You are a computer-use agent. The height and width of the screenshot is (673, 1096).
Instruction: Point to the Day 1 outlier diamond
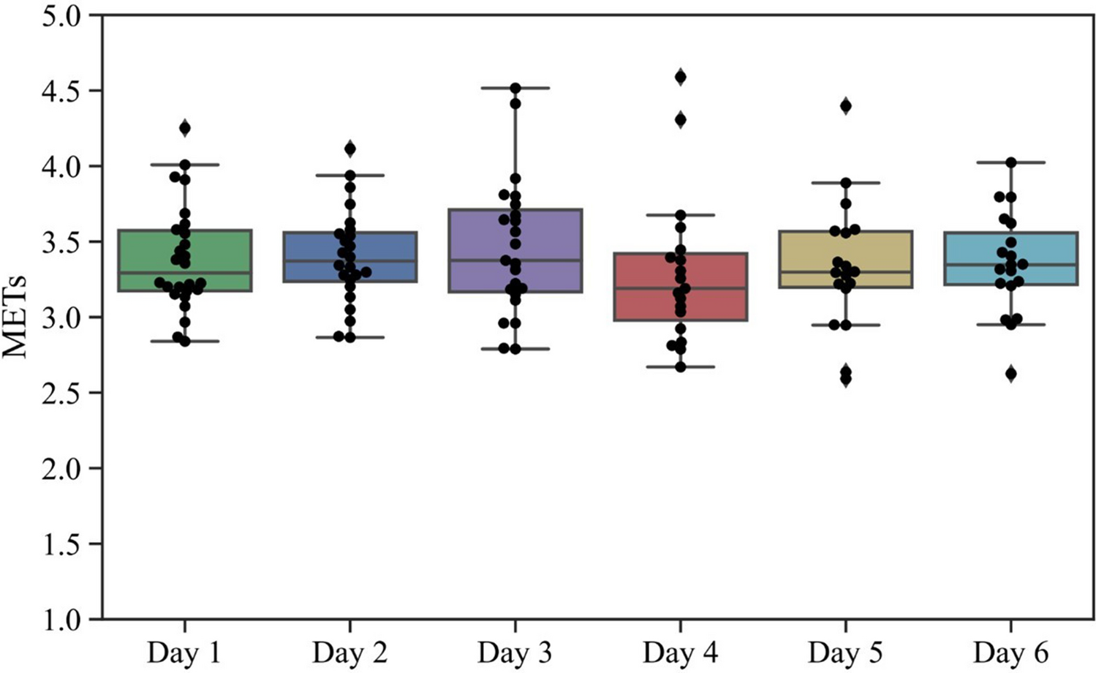185,129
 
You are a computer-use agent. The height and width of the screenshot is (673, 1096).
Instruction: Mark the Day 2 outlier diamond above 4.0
350,149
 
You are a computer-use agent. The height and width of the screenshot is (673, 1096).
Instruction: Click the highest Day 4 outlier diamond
681,77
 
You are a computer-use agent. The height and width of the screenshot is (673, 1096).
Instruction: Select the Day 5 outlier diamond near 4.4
846,107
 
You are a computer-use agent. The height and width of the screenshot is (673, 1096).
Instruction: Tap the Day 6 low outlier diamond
1011,375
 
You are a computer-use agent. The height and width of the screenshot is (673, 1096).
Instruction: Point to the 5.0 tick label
61,15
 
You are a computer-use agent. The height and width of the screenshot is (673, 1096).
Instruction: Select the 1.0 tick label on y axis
61,620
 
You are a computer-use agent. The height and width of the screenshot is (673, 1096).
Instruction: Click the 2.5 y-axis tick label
61,393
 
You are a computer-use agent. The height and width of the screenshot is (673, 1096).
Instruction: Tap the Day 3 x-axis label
515,652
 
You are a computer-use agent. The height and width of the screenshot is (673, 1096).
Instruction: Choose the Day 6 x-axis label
1010,652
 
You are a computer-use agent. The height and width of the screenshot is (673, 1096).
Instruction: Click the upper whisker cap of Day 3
515,88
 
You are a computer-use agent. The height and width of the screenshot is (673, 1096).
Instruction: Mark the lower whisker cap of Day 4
680,366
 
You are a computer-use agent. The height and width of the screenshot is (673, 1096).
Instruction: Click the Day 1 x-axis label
184,652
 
